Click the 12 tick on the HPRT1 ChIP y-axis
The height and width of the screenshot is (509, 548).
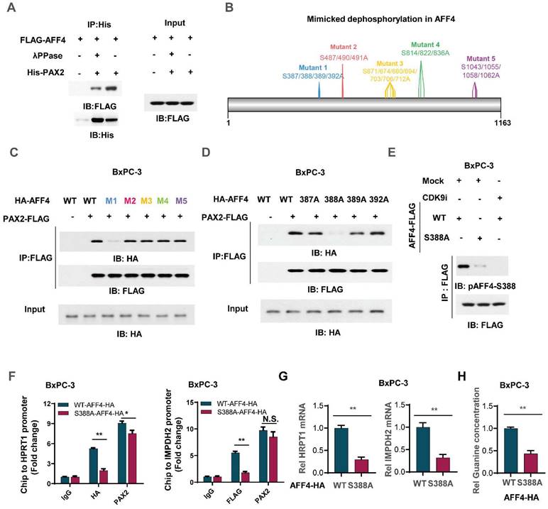[45, 405]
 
